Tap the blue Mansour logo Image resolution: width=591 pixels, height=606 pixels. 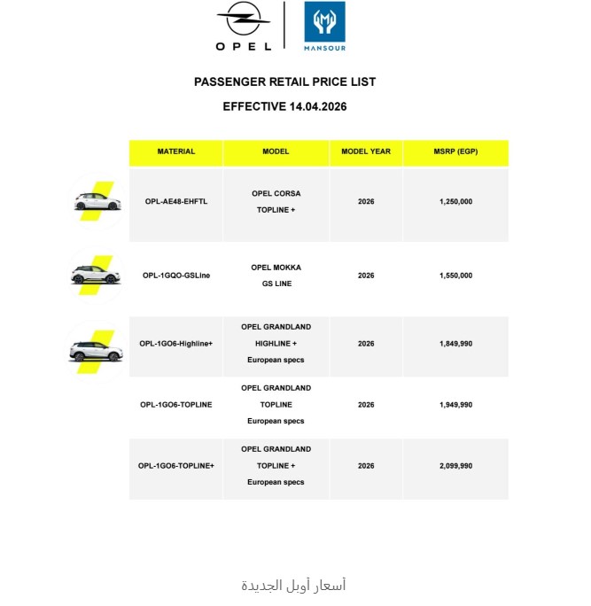coord(324,27)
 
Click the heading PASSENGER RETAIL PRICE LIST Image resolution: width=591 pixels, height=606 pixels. coord(284,82)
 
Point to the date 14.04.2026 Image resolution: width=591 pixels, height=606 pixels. coord(317,106)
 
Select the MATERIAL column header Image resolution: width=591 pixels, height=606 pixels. coord(175,151)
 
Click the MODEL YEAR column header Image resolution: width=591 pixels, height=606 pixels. coord(366,151)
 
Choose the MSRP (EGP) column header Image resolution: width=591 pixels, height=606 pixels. coord(455,151)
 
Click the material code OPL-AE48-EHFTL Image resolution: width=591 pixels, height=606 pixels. coord(175,201)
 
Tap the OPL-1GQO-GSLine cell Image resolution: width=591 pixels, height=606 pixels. coord(175,276)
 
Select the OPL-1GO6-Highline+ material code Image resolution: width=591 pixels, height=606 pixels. coord(175,343)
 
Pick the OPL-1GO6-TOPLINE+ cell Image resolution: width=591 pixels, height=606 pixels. coord(175,465)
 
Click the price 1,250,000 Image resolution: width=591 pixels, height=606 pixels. coord(455,201)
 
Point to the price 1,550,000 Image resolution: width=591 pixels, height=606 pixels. coord(455,276)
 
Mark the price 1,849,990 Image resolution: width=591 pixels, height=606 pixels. coord(455,343)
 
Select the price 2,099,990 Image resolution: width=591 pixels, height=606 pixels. coord(455,465)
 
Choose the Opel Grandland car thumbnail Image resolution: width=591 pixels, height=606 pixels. coord(95,348)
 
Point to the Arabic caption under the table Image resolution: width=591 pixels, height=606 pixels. coord(293,585)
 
